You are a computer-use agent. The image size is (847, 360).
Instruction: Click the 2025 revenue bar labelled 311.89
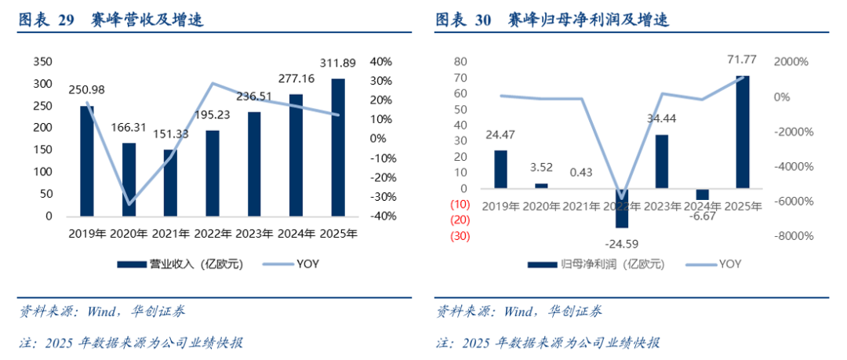click(338, 147)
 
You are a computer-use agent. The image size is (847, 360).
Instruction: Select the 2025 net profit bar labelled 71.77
click(742, 132)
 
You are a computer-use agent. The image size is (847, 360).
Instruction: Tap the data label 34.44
click(662, 118)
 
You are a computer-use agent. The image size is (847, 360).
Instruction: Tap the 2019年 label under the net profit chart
click(501, 206)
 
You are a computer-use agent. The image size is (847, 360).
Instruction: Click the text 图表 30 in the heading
click(463, 20)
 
